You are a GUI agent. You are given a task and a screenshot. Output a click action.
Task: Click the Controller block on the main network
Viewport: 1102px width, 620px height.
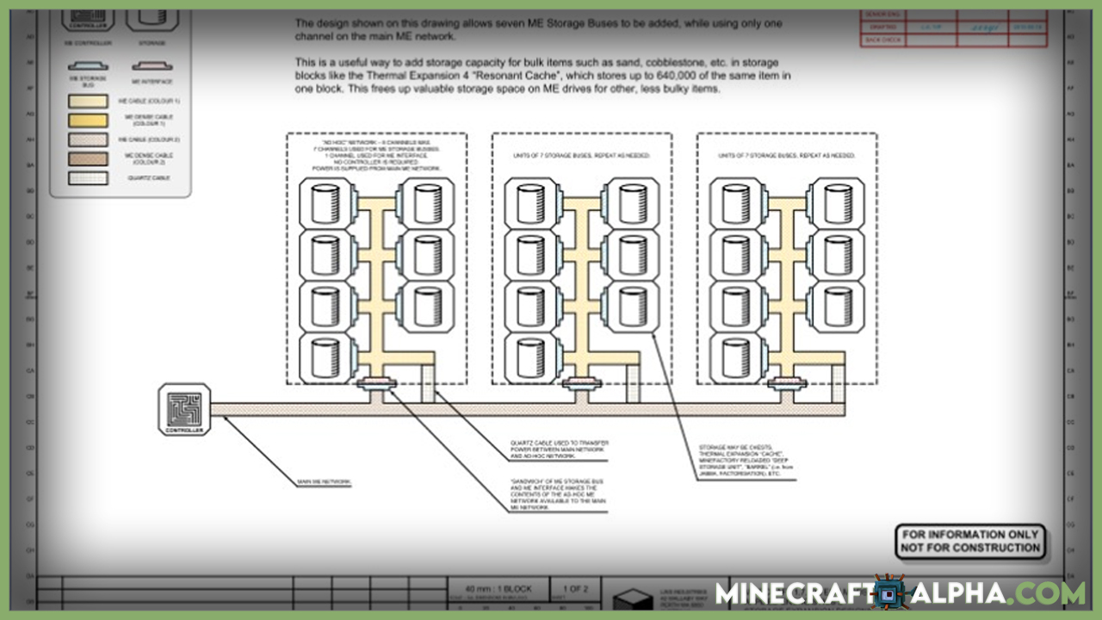183,409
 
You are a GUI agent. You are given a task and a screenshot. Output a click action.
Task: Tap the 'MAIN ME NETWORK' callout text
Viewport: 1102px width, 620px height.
324,482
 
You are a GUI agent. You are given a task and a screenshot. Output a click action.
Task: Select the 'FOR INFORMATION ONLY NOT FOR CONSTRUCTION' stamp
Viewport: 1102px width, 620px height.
970,542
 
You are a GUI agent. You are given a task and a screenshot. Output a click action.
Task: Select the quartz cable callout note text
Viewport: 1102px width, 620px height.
560,448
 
